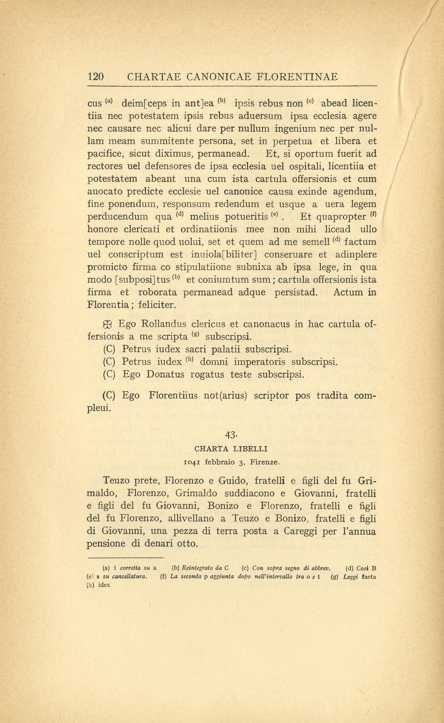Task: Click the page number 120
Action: (96, 77)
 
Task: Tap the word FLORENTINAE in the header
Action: (297, 77)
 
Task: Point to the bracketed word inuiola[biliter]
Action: (224, 254)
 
